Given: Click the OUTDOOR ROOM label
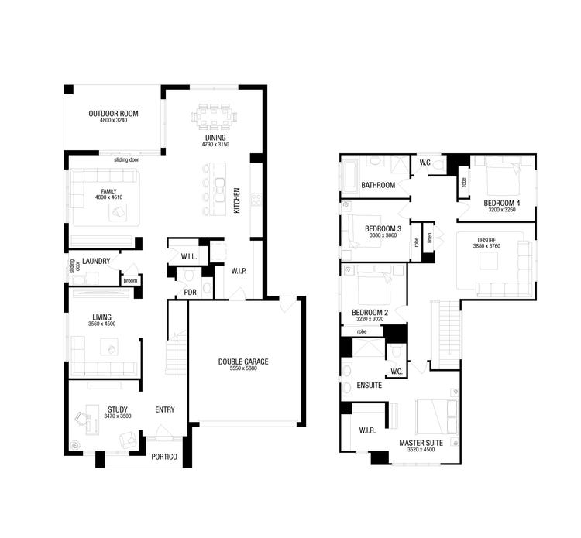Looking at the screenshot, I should (x=113, y=113).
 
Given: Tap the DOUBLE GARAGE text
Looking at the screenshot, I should (x=243, y=362).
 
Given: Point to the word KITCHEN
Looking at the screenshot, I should (x=237, y=201).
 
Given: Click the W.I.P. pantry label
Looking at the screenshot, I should (x=239, y=271).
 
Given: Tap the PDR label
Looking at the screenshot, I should (x=190, y=292).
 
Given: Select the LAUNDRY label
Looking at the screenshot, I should (x=96, y=262).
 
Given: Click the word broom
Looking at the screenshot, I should (x=130, y=280).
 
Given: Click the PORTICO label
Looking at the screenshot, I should (x=163, y=457).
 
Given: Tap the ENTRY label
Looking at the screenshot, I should (x=165, y=410).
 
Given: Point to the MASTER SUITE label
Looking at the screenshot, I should (x=421, y=443).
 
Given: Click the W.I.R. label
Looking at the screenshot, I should (x=367, y=430).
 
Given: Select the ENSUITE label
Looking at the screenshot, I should (x=369, y=385).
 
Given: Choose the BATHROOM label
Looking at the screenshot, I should (x=378, y=185).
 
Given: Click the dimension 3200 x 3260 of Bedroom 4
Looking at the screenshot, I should (x=500, y=210).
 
